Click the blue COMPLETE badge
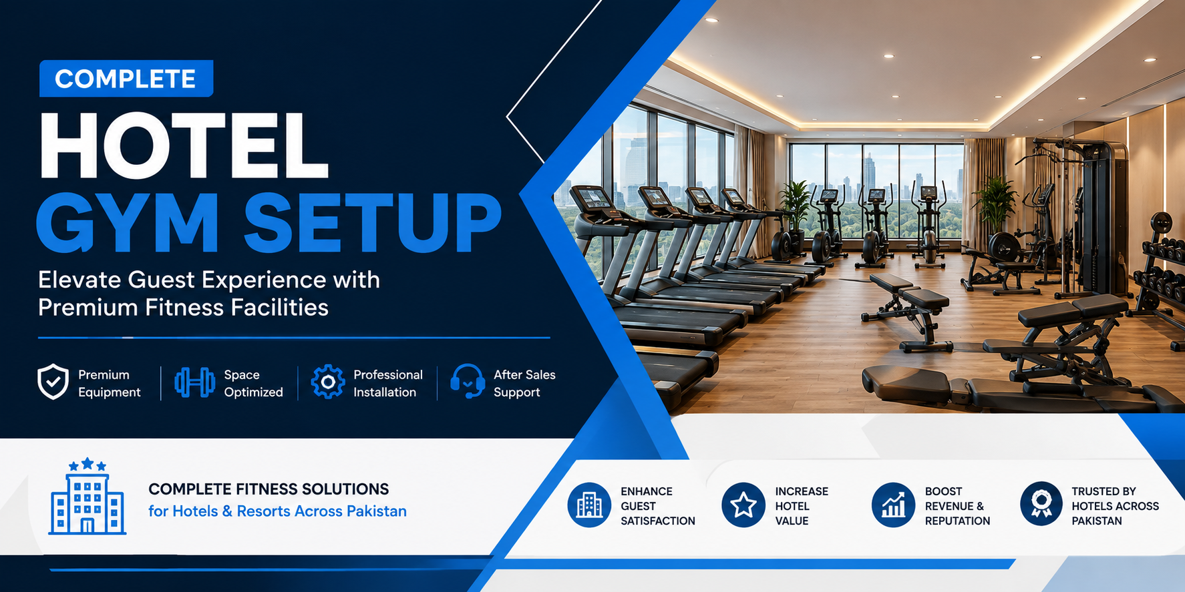(x=126, y=79)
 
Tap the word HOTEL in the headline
(x=184, y=146)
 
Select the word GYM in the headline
(x=128, y=222)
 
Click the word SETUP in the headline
(x=373, y=222)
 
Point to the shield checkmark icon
(x=53, y=382)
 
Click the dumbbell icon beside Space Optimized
(x=194, y=382)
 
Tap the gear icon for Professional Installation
(x=328, y=382)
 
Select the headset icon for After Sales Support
(x=468, y=382)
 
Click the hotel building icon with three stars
(x=87, y=497)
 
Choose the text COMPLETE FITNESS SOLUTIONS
(x=269, y=489)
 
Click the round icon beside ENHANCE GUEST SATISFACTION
(x=589, y=505)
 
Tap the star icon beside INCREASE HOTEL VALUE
(x=743, y=505)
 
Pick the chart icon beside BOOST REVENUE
(x=893, y=505)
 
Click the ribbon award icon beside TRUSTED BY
(x=1041, y=504)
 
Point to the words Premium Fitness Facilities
(x=183, y=308)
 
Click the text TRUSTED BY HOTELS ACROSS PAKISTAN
(x=1115, y=506)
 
